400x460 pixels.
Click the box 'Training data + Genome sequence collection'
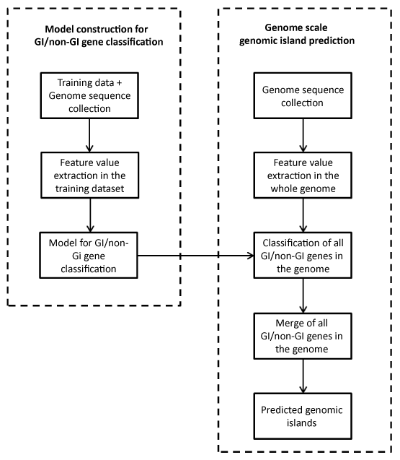click(x=89, y=95)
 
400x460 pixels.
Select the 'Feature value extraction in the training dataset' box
click(x=89, y=175)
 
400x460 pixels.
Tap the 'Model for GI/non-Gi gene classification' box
click(x=89, y=255)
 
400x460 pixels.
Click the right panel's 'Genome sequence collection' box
click(x=303, y=95)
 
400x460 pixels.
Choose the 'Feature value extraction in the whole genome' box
click(x=303, y=175)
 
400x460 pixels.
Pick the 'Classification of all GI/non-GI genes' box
click(x=303, y=255)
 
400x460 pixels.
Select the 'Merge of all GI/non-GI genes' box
click(x=303, y=336)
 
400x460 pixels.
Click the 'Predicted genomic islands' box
click(x=303, y=416)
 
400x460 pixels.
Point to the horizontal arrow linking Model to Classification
click(x=195, y=256)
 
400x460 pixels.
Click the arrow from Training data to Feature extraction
click(x=89, y=135)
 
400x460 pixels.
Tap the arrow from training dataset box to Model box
click(x=91, y=215)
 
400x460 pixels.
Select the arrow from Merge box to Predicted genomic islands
click(x=303, y=376)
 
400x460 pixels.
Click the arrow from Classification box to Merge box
click(x=303, y=296)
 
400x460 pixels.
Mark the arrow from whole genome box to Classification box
click(x=303, y=215)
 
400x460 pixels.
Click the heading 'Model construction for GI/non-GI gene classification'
click(x=99, y=35)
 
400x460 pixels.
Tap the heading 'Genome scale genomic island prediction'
click(x=297, y=34)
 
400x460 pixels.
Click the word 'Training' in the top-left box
click(x=71, y=83)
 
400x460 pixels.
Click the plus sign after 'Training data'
click(x=119, y=83)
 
